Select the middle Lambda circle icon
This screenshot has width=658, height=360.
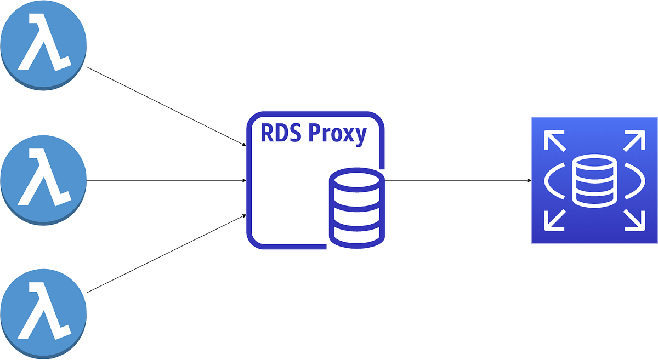pyautogui.click(x=43, y=180)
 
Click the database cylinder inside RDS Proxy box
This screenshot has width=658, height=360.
pyautogui.click(x=357, y=209)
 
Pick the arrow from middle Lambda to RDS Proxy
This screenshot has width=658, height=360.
pyautogui.click(x=164, y=180)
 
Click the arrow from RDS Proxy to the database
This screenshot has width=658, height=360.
pyautogui.click(x=458, y=180)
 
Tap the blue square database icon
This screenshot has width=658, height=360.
pyautogui.click(x=594, y=180)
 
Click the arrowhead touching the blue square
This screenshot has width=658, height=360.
pyautogui.click(x=529, y=180)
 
